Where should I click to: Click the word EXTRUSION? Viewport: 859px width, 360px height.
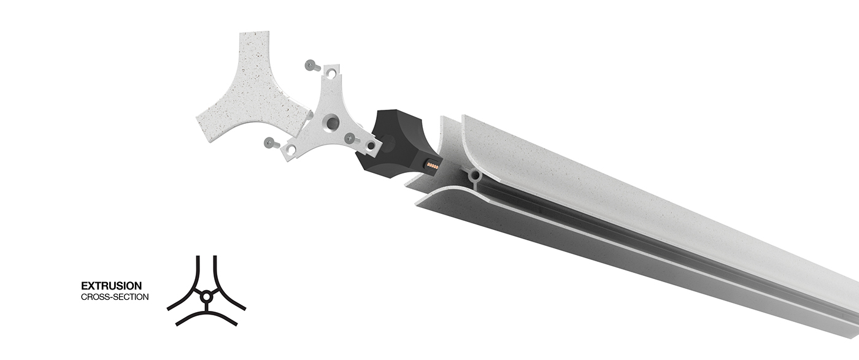111,286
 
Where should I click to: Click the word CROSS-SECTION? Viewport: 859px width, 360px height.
115,297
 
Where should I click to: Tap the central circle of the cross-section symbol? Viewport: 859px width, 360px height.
206,297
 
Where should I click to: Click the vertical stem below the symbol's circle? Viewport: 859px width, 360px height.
206,307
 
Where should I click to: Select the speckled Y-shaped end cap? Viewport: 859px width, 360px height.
251,89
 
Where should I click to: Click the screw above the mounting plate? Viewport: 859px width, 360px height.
312,66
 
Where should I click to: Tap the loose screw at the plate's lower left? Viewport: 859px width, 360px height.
271,143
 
